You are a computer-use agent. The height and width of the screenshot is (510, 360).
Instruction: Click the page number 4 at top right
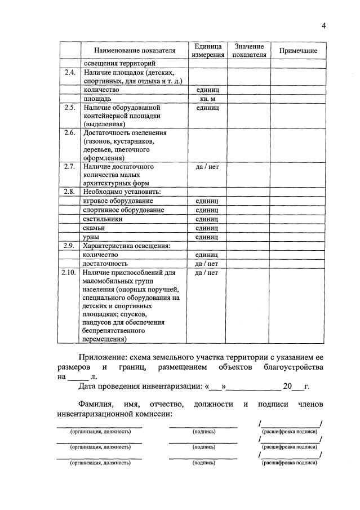(324, 25)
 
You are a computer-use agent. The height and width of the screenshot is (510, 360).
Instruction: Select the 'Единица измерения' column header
(207, 51)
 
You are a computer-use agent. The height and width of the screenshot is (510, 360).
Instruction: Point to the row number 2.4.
(69, 73)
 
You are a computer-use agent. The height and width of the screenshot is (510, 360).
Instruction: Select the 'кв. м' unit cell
(207, 98)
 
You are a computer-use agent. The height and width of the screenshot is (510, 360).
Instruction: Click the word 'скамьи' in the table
(94, 228)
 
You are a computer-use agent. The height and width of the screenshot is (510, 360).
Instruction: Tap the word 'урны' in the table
(92, 237)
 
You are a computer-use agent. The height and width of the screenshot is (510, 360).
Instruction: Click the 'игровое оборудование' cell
(118, 201)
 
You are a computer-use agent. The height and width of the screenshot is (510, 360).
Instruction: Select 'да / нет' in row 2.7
(207, 167)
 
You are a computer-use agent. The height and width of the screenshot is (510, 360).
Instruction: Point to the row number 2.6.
(69, 133)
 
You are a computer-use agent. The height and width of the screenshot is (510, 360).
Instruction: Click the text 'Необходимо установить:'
(122, 192)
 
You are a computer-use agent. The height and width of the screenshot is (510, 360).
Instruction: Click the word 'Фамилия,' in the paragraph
(96, 405)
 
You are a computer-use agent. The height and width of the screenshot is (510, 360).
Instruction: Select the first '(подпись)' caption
(203, 431)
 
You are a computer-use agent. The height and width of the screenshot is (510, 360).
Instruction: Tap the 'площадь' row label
(97, 98)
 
